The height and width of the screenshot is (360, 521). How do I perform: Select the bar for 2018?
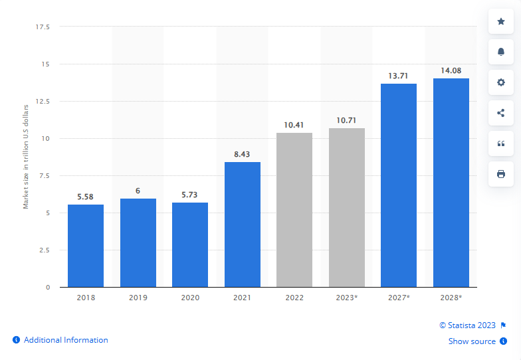(86, 246)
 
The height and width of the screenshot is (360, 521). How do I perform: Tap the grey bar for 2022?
(294, 210)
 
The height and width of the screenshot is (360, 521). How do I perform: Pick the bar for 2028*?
(451, 183)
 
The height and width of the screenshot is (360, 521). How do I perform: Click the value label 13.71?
(398, 76)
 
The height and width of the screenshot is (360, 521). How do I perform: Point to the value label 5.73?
(190, 195)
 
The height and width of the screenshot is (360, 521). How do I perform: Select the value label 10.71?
(346, 120)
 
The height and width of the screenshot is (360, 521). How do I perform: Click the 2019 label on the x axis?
(138, 298)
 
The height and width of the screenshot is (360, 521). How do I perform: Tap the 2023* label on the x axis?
(346, 298)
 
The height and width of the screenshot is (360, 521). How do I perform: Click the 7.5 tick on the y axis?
(44, 176)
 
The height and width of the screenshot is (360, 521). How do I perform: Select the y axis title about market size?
(27, 156)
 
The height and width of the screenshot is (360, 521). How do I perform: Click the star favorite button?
(501, 21)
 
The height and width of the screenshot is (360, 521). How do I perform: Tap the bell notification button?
(501, 52)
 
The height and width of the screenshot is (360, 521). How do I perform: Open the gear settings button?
(501, 82)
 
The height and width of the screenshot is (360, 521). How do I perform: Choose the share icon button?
(501, 113)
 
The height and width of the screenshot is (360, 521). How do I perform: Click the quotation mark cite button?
(501, 143)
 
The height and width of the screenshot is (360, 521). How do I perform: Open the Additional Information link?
(66, 340)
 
